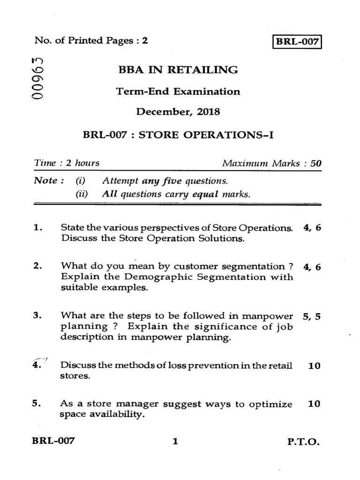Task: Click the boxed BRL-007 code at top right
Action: pos(297,41)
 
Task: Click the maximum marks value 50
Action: pos(316,164)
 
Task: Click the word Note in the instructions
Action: pos(45,180)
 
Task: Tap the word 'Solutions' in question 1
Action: pos(222,239)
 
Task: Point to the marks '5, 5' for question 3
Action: pos(312,316)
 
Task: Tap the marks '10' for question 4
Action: pos(314,366)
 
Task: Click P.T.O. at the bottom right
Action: pos(303,441)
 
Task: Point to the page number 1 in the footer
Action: pos(175,441)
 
